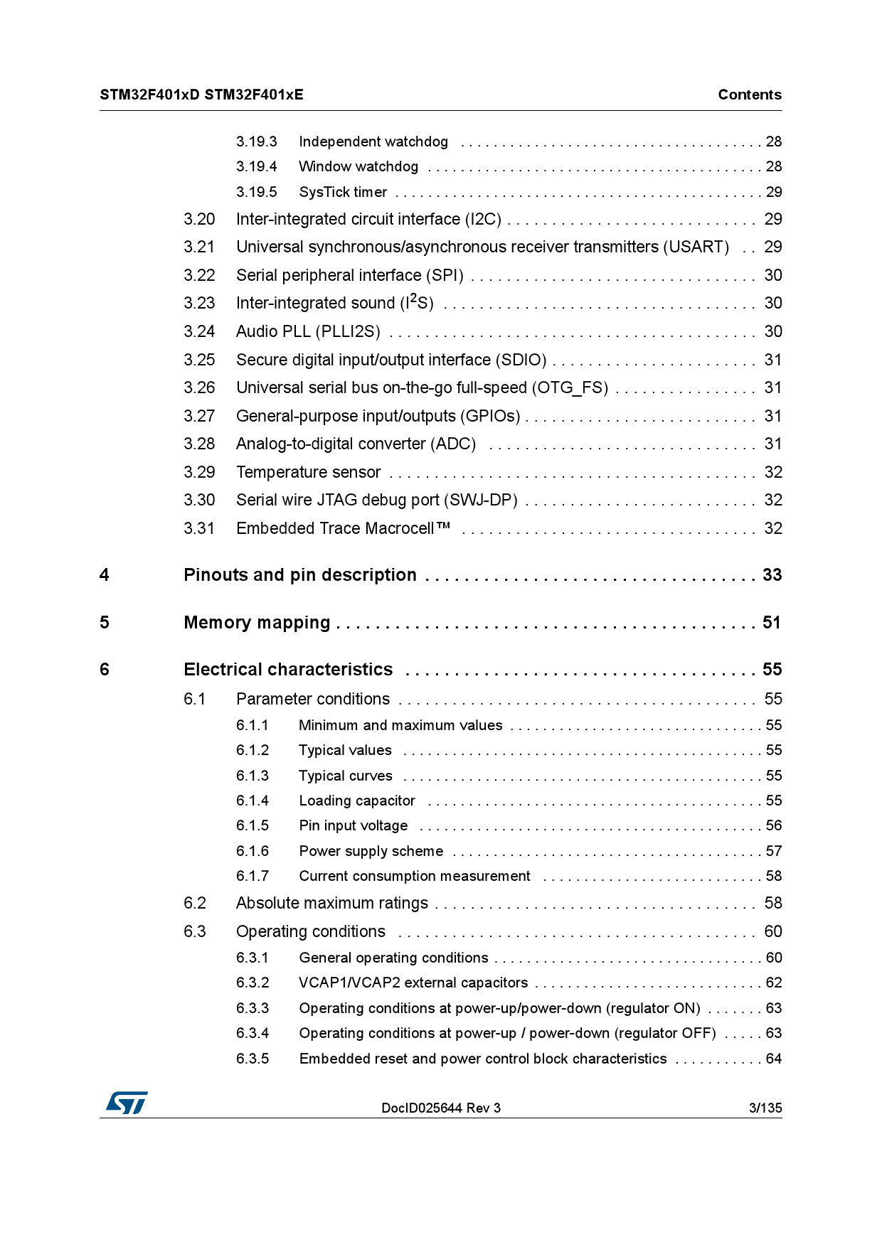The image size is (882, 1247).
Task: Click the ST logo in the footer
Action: click(x=127, y=1103)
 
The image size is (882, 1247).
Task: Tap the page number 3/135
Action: click(x=765, y=1108)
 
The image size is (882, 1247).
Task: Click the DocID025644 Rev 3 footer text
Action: click(x=441, y=1108)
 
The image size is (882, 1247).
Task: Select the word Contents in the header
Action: click(x=749, y=95)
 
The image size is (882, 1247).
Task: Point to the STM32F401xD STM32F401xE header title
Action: click(x=201, y=95)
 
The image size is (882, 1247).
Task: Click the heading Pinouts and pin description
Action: click(x=299, y=574)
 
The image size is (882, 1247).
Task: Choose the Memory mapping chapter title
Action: click(x=257, y=622)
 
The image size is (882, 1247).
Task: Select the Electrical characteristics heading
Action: click(x=288, y=669)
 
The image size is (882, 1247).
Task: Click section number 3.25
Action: click(x=199, y=360)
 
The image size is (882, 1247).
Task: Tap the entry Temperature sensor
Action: click(x=308, y=472)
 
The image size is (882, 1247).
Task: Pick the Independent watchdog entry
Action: click(x=373, y=141)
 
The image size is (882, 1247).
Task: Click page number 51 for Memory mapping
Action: click(x=772, y=622)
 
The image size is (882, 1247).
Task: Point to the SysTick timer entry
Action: click(x=343, y=192)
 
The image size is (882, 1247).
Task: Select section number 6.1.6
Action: click(x=253, y=851)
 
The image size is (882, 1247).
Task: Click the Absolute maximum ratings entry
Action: click(x=332, y=903)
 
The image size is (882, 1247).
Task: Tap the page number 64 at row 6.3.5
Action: click(x=774, y=1059)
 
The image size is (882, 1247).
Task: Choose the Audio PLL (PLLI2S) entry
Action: click(x=308, y=331)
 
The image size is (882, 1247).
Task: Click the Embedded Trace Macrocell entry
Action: click(x=343, y=528)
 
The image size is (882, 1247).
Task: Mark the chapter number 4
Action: click(x=105, y=574)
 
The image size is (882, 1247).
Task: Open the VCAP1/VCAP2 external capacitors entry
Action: click(x=413, y=983)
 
